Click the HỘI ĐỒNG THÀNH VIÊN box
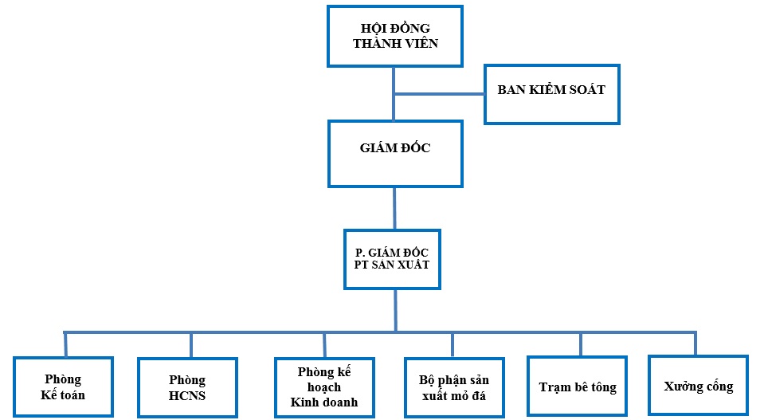point(395,37)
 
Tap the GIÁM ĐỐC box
point(395,154)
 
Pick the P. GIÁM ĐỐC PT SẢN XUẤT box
point(392,259)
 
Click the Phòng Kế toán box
point(64,387)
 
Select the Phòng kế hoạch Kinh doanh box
point(323,387)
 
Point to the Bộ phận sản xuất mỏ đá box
point(453,387)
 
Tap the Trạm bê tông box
point(578,387)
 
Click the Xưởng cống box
point(698,386)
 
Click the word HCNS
point(187,395)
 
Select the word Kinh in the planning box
point(305,402)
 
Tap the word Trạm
point(554,387)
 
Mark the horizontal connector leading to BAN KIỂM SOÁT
point(440,94)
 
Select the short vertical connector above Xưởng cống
point(695,343)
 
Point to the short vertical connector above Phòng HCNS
point(191,344)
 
